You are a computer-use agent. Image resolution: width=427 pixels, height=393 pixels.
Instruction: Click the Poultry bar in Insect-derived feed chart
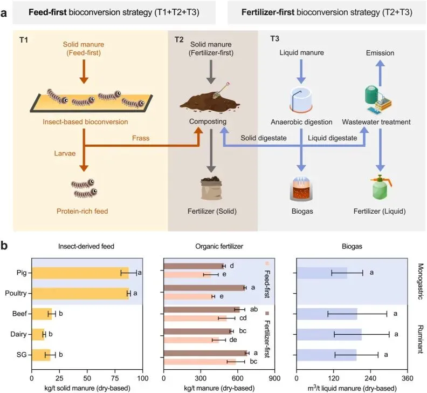click(x=80, y=294)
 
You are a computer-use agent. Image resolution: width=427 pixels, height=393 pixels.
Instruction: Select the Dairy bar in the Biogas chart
click(x=329, y=334)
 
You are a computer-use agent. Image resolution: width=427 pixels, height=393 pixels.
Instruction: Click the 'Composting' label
click(x=208, y=121)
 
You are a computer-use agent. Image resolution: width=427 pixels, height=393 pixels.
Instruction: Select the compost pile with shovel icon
click(x=210, y=98)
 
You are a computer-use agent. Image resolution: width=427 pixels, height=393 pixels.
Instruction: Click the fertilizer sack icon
click(x=211, y=188)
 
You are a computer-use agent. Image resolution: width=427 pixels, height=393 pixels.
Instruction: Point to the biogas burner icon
click(x=301, y=188)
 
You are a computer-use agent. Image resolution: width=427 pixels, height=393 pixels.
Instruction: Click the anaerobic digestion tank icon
click(x=301, y=100)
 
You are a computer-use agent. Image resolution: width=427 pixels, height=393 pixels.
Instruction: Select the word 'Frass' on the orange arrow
click(x=141, y=138)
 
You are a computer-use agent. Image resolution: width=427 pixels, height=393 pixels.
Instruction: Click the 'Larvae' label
click(x=65, y=153)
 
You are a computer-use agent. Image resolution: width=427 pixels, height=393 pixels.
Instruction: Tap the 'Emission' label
click(x=380, y=53)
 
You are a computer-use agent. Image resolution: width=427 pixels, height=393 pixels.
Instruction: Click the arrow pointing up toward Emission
click(x=381, y=73)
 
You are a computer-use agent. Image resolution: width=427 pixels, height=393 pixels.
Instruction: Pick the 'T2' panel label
click(x=179, y=40)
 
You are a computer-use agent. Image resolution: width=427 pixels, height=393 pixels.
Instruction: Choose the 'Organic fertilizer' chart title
click(x=219, y=246)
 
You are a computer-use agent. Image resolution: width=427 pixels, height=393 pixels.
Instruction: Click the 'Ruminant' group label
click(x=420, y=339)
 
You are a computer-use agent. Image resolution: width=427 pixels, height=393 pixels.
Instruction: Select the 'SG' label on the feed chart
click(x=22, y=355)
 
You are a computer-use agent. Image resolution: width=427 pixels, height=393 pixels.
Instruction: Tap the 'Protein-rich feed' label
click(x=82, y=211)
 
